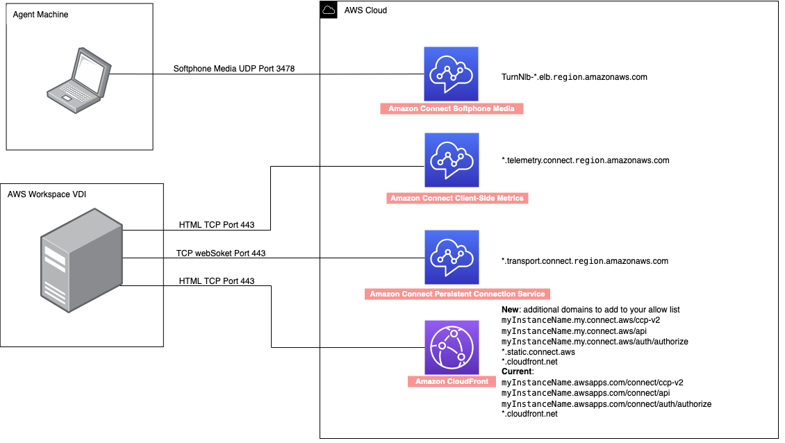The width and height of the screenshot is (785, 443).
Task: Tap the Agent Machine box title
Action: click(41, 15)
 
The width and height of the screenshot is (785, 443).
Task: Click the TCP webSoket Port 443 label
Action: click(221, 253)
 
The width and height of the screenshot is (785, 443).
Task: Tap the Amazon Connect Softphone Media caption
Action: click(452, 109)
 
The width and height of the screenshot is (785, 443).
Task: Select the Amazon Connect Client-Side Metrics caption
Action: click(457, 199)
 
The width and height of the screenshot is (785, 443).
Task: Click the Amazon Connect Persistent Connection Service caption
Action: click(456, 294)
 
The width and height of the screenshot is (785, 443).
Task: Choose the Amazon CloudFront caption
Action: click(452, 382)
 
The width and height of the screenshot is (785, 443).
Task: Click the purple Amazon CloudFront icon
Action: click(452, 347)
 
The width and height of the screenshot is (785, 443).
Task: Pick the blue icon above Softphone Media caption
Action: click(452, 74)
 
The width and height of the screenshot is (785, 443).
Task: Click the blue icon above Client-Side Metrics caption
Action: click(452, 161)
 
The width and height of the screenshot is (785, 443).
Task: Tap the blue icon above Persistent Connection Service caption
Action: click(452, 257)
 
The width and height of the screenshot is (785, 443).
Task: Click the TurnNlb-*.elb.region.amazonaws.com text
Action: click(574, 77)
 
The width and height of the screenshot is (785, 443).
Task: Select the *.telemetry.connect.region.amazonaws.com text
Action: click(585, 160)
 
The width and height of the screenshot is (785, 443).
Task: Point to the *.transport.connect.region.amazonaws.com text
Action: click(584, 261)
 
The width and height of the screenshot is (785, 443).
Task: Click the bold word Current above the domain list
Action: click(518, 372)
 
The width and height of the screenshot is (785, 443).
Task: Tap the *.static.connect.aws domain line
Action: click(538, 352)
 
